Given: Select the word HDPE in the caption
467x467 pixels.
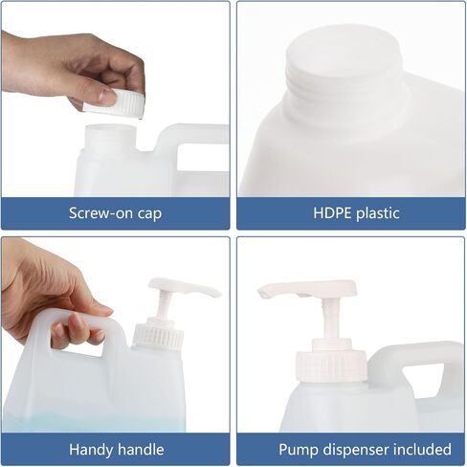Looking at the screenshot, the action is [x=332, y=213].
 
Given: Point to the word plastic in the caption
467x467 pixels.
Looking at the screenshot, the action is [x=378, y=213].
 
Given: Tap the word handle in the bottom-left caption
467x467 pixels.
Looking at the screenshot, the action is [x=141, y=450].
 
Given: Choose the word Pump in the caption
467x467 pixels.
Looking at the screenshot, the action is [x=299, y=450].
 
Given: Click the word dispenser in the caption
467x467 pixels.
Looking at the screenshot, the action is [x=356, y=450].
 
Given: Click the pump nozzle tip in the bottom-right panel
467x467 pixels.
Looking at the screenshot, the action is [x=263, y=293].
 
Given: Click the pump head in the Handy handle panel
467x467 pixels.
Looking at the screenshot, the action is [x=185, y=286].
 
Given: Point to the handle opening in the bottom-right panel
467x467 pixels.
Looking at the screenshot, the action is [x=423, y=380].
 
